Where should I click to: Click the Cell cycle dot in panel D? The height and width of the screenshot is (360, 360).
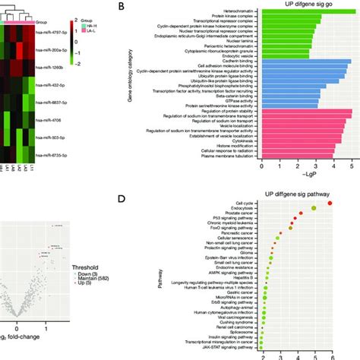(x=330, y=203)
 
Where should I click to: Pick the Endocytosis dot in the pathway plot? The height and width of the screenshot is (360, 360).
(x=314, y=208)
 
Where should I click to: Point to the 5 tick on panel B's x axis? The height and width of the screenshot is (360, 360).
(x=351, y=164)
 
